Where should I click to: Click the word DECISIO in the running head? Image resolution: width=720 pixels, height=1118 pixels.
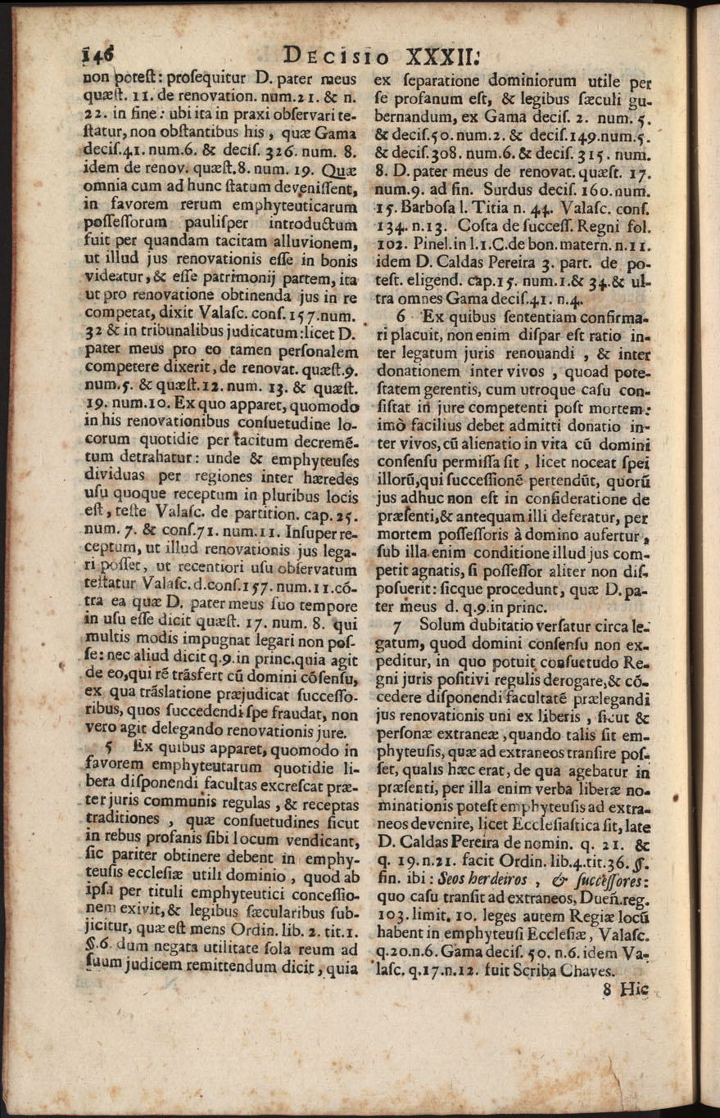tap(337, 56)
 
